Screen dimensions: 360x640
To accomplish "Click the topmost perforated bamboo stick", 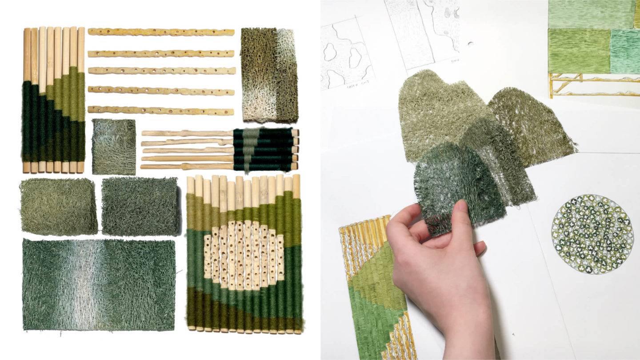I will coord(161,32).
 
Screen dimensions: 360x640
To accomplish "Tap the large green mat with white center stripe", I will coord(99,284).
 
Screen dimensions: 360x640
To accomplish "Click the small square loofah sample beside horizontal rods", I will coord(114,147).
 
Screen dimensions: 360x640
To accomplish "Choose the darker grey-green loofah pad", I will coord(139,206).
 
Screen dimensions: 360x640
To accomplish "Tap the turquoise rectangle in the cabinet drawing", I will coord(625,51).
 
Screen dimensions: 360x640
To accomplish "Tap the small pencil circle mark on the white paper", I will coord(470,44).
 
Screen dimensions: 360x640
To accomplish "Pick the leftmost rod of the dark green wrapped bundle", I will coord(27,100).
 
